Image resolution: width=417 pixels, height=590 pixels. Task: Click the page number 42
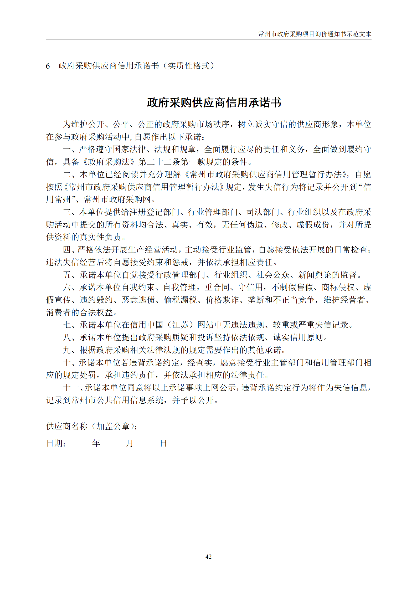208,556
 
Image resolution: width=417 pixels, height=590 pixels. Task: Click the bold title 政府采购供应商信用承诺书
214,102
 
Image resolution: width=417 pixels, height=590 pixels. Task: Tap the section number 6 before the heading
48,66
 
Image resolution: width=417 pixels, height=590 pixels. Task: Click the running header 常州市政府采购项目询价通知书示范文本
315,34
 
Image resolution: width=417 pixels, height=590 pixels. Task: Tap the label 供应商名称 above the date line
67,426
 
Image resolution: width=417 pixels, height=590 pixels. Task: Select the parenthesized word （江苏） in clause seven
180,325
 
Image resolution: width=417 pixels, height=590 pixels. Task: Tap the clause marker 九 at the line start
67,350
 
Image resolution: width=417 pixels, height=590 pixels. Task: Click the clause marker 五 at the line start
67,275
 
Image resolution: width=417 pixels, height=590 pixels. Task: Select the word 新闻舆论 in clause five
314,275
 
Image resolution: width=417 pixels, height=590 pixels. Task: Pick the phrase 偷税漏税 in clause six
180,300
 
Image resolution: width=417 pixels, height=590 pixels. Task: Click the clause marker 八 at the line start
67,337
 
